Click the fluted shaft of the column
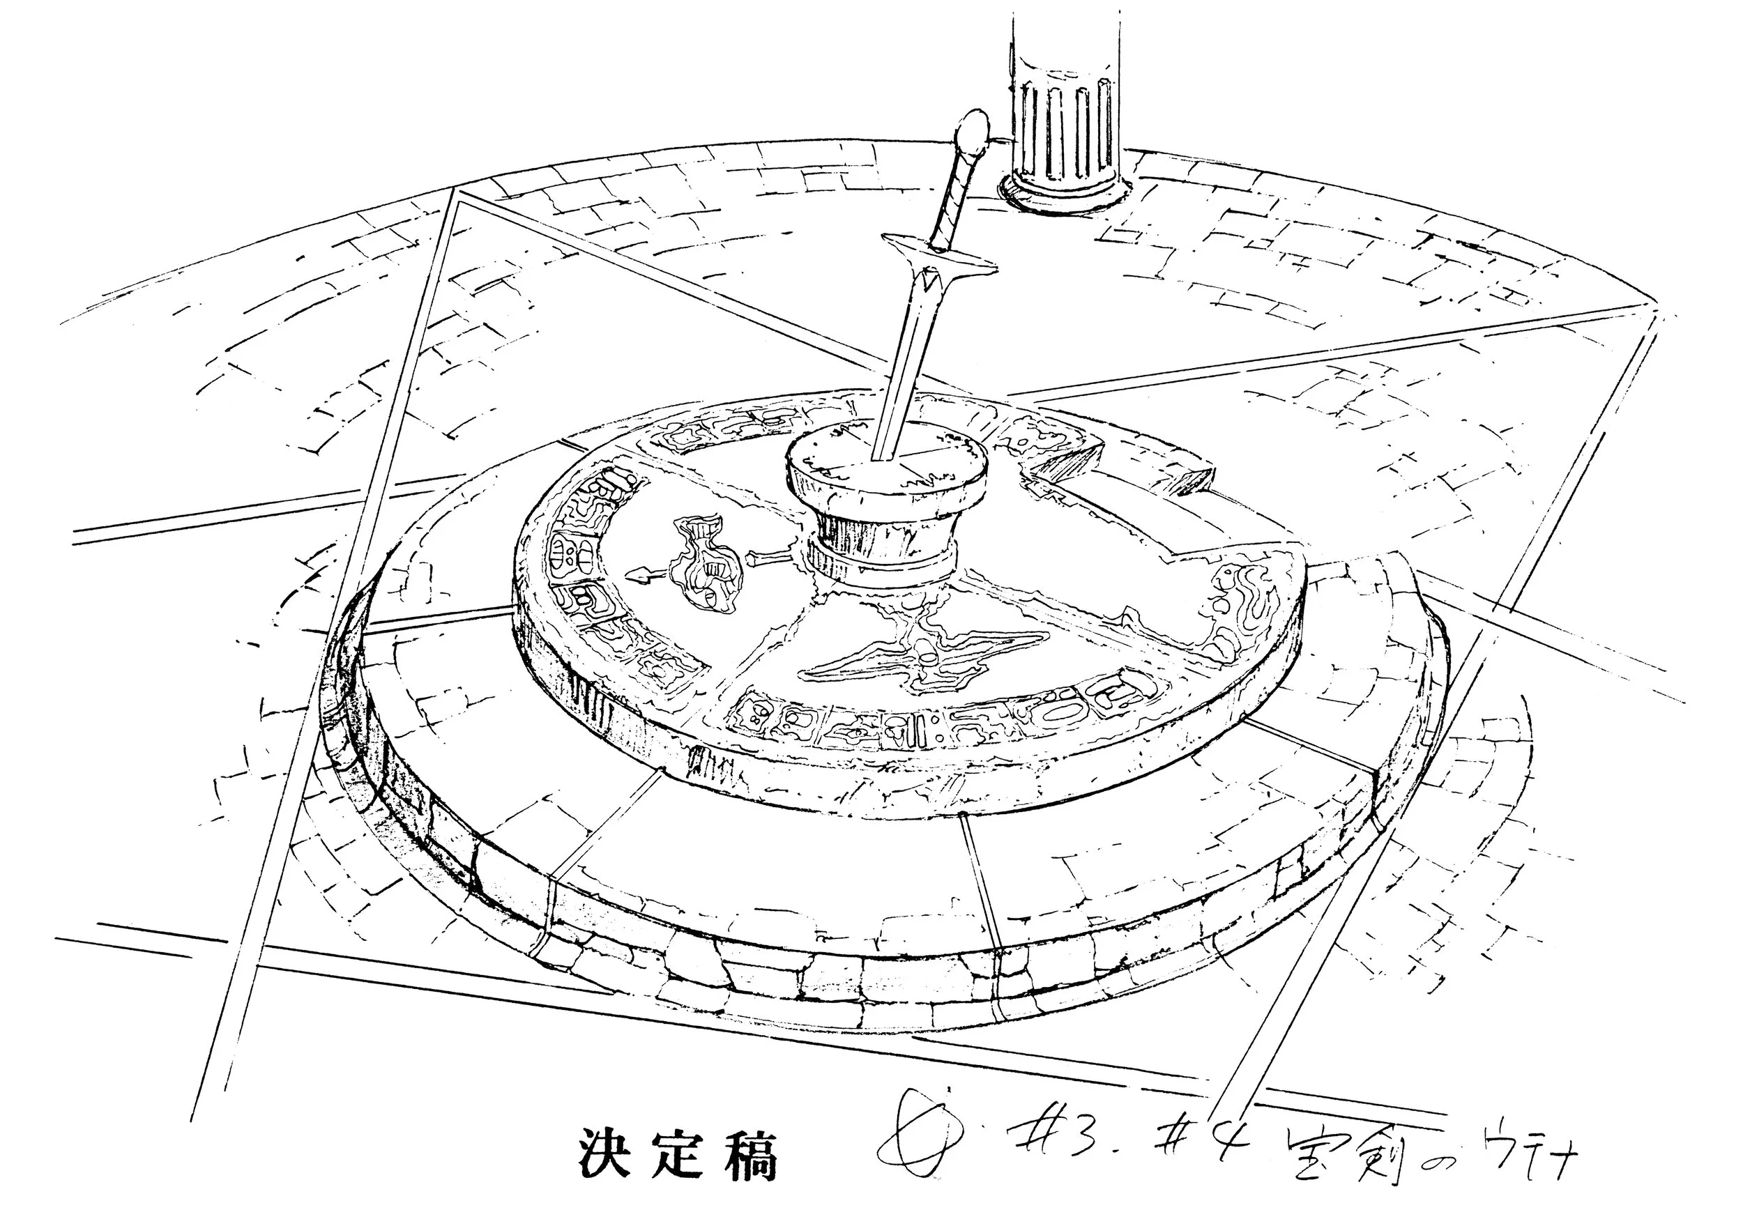1065,114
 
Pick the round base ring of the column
1063,193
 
